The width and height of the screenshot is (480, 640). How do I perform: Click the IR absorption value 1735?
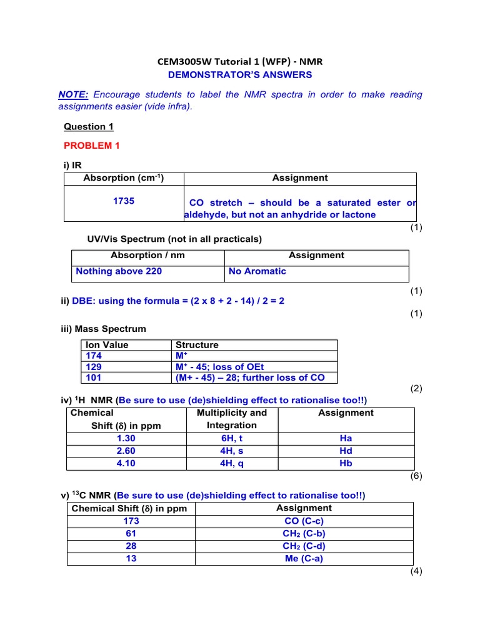click(x=123, y=201)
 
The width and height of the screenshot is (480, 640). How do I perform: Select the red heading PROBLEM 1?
click(x=91, y=146)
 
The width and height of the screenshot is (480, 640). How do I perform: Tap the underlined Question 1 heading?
click(x=89, y=127)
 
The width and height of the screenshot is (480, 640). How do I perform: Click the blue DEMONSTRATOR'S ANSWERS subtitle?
click(x=240, y=75)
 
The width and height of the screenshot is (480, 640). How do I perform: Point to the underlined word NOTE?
click(x=73, y=94)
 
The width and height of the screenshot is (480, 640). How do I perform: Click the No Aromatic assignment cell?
click(x=257, y=271)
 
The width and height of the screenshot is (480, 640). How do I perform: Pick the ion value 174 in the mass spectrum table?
click(x=93, y=356)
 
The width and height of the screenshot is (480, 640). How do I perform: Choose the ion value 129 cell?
click(x=93, y=367)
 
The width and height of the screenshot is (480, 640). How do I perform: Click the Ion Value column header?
click(x=106, y=345)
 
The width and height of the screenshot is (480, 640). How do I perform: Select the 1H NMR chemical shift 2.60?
click(x=126, y=451)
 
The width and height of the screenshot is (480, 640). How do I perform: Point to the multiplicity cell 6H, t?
click(x=231, y=438)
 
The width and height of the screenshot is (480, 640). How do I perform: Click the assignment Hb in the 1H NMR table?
click(x=346, y=463)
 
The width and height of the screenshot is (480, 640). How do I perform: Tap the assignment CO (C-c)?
click(x=304, y=521)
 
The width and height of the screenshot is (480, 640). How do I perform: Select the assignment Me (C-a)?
click(x=304, y=559)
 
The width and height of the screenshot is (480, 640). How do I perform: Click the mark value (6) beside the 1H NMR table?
click(x=416, y=476)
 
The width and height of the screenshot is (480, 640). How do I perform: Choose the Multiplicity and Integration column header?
click(x=231, y=419)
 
